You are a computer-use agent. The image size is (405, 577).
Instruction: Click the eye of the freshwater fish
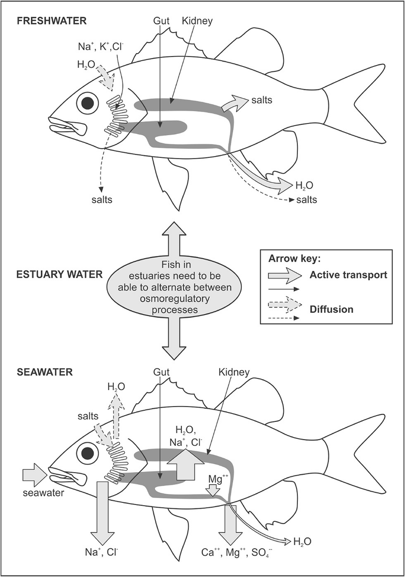coord(87,103)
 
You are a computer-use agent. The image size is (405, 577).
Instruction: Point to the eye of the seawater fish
coord(87,452)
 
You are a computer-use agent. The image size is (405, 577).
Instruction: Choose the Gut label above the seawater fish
coord(161,373)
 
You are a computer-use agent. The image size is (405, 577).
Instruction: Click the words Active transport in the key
coord(348,275)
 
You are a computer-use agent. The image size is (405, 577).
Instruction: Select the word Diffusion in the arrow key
coord(332,309)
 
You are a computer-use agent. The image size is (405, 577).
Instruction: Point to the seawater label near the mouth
coord(43,493)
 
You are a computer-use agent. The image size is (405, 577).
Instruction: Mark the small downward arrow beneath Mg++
coord(212,490)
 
